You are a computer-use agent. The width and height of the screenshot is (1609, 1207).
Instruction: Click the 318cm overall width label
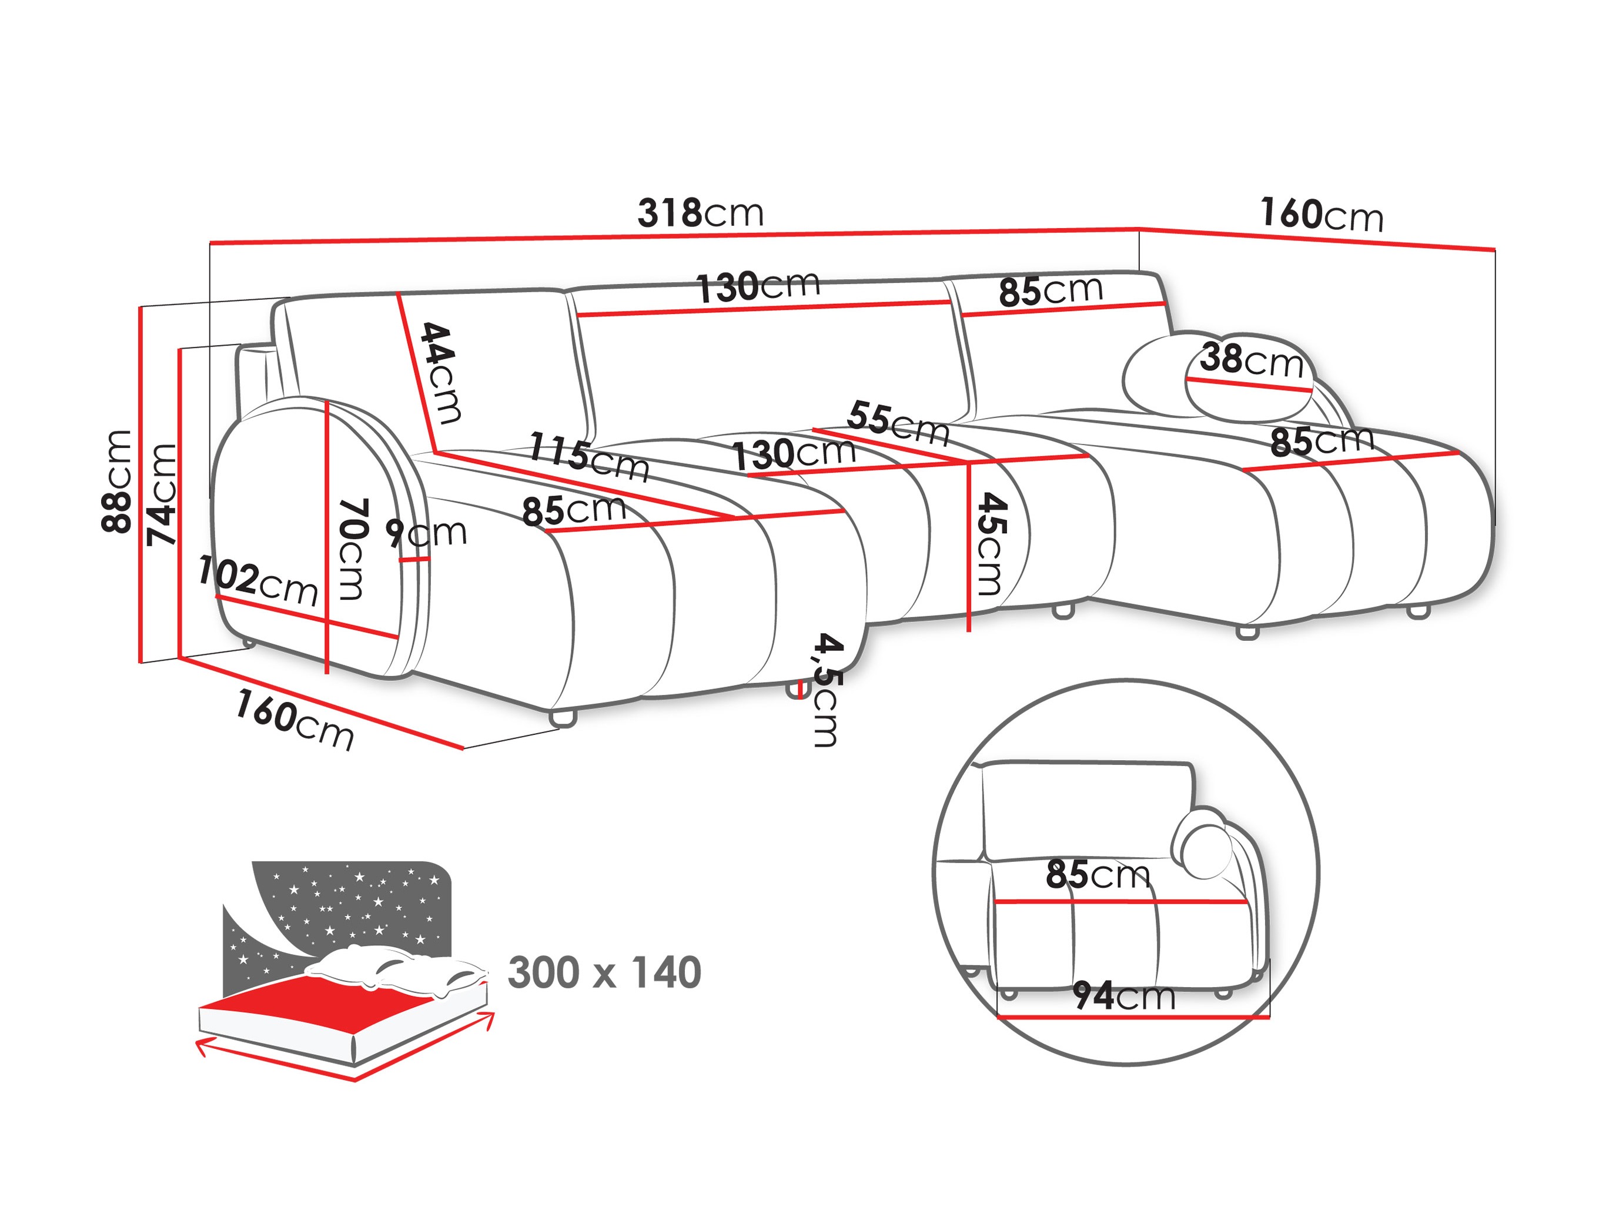[701, 213]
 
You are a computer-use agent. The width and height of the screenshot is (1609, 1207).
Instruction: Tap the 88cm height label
[117, 482]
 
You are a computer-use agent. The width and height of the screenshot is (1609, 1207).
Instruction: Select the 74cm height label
[162, 494]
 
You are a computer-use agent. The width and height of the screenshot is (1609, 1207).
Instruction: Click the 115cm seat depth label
[588, 457]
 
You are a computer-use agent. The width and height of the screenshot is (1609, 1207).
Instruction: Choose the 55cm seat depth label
[898, 423]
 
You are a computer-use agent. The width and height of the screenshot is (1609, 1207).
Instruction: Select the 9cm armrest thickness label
[426, 533]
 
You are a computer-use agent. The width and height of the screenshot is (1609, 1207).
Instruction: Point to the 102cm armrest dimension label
[257, 580]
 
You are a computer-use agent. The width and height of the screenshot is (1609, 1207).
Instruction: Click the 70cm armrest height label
[353, 549]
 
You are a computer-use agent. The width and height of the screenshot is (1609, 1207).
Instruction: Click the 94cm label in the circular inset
[1124, 996]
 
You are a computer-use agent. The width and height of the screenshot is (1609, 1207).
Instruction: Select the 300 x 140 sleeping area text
[604, 973]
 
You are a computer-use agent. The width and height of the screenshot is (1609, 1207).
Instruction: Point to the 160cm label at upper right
[1321, 215]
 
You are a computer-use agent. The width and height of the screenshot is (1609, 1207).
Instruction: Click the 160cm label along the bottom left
[294, 720]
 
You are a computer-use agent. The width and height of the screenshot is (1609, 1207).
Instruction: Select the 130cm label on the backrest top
[758, 286]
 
